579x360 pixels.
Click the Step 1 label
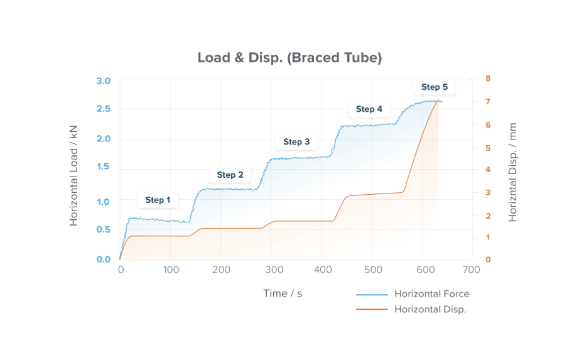pyautogui.click(x=158, y=200)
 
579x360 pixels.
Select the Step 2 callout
pyautogui.click(x=230, y=175)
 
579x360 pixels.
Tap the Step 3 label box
pyautogui.click(x=296, y=142)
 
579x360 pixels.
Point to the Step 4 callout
pyautogui.click(x=369, y=109)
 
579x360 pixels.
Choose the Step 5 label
pyautogui.click(x=434, y=87)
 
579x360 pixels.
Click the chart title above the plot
pyautogui.click(x=289, y=58)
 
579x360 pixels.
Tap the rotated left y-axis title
pyautogui.click(x=74, y=173)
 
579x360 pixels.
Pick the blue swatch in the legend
pyautogui.click(x=374, y=296)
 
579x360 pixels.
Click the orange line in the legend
pyautogui.click(x=374, y=309)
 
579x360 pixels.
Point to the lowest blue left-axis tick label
pyautogui.click(x=100, y=258)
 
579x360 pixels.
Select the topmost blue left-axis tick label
pyautogui.click(x=100, y=80)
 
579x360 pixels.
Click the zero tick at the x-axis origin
pyautogui.click(x=120, y=269)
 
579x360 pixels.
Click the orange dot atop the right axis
pyautogui.click(x=487, y=78)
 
